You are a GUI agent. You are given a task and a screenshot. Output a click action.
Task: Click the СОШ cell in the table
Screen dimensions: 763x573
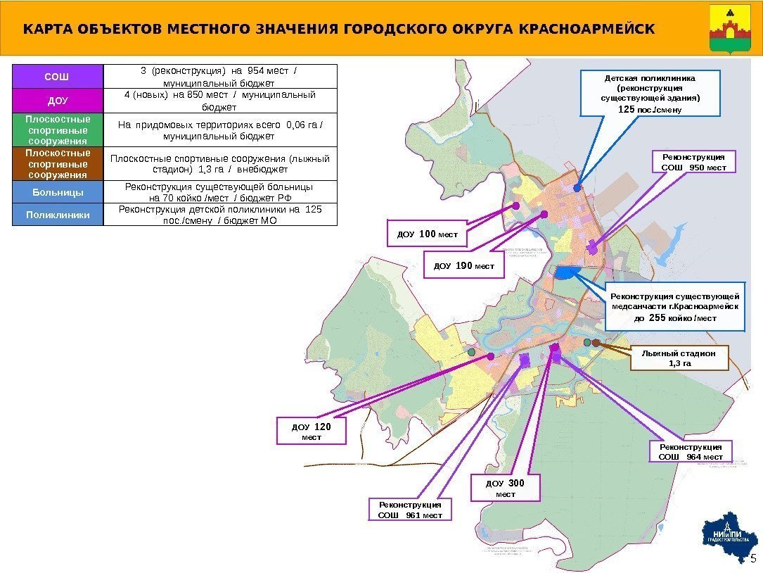click(58, 76)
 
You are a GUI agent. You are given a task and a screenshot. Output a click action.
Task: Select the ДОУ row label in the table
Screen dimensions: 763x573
click(58, 101)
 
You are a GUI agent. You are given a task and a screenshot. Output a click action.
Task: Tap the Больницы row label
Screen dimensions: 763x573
click(58, 192)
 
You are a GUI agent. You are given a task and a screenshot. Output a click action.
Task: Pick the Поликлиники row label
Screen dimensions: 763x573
click(58, 215)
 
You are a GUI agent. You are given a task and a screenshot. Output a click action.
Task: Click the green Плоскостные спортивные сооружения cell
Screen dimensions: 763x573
click(58, 130)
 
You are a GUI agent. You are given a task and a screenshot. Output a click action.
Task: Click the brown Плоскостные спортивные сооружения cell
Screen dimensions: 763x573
click(58, 163)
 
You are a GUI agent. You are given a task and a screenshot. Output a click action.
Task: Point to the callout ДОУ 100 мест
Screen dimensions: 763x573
click(428, 234)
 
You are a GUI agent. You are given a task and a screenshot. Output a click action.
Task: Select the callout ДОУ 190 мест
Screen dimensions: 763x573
click(464, 266)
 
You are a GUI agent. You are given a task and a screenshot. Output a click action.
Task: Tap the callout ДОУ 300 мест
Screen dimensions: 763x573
click(506, 488)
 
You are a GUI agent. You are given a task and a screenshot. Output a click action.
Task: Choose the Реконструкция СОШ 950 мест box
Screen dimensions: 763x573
click(693, 161)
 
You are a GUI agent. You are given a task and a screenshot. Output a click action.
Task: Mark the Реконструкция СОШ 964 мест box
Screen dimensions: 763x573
click(691, 452)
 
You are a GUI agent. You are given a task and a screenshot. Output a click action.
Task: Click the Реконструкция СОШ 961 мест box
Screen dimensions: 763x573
click(410, 510)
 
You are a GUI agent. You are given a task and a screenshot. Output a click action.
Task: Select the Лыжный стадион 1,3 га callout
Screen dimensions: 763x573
click(679, 358)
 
